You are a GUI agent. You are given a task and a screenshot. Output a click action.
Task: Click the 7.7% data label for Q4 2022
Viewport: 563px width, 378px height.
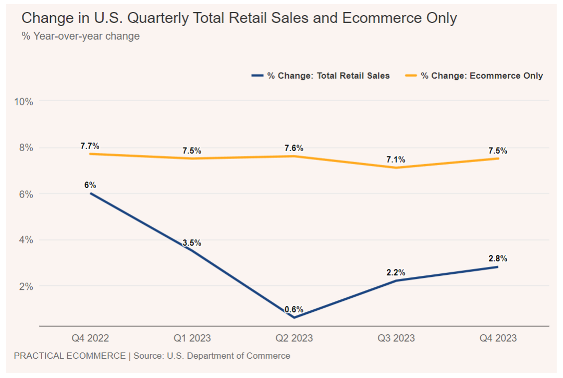(90, 146)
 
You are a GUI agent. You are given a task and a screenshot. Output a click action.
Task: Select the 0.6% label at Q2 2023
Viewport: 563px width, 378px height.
(294, 310)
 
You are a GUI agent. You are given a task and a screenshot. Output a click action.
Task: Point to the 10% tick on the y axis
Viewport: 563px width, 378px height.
(24, 101)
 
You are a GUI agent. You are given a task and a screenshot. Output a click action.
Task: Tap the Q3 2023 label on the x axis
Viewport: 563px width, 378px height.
(396, 338)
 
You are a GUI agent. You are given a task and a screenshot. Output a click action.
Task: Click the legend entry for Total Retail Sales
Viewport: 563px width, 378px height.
(321, 76)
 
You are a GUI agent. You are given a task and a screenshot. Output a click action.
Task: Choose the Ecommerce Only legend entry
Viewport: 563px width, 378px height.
(474, 76)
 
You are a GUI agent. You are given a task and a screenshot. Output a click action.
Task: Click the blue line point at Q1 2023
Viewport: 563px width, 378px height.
(192, 250)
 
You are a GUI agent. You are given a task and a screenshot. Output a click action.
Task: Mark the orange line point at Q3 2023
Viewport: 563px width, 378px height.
(396, 167)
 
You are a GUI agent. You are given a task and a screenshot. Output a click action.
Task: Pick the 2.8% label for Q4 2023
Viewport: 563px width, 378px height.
(498, 259)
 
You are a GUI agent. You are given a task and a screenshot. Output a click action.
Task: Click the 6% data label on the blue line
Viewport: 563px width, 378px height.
(90, 185)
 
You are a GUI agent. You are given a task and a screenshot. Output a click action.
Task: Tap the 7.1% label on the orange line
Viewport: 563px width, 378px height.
(396, 160)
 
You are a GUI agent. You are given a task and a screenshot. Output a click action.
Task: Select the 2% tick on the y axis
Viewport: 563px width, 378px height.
(26, 286)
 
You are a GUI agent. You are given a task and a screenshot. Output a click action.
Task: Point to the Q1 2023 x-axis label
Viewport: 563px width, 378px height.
(192, 338)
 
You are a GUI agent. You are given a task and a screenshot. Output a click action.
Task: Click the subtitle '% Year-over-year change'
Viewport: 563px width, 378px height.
(80, 36)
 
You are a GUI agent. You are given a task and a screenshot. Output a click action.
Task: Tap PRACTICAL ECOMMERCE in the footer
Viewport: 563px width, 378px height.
(69, 356)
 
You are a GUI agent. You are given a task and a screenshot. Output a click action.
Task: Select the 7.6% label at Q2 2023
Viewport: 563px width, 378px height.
(294, 148)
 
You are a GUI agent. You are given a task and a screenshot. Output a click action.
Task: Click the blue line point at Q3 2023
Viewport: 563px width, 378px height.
(396, 281)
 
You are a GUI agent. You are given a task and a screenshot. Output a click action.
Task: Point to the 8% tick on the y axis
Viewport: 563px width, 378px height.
(26, 148)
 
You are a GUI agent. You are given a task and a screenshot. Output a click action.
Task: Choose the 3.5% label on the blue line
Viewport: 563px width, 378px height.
(192, 243)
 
